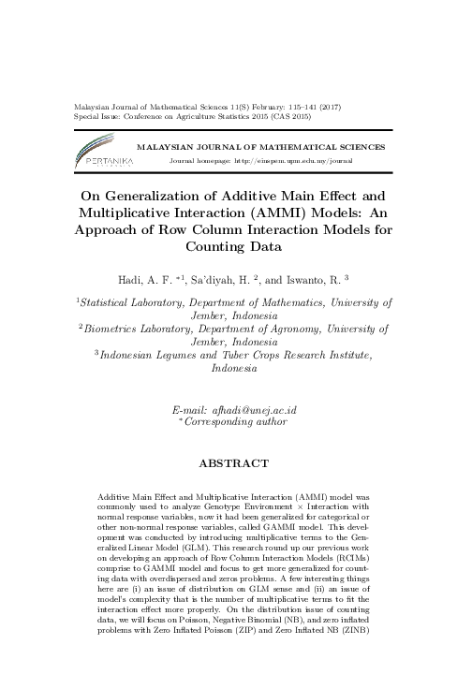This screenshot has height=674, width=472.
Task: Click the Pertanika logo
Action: [102, 154]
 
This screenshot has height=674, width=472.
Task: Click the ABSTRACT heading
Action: [235, 462]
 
